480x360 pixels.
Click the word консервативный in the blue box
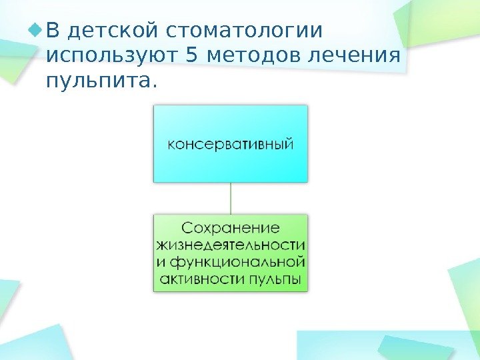click(x=230, y=144)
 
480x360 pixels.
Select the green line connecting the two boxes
click(x=231, y=198)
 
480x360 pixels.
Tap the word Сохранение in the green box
click(x=231, y=228)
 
